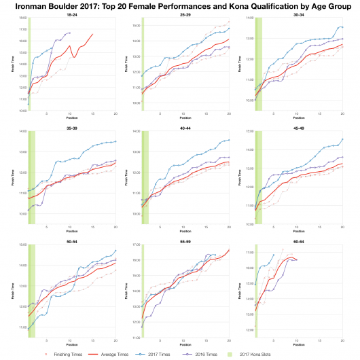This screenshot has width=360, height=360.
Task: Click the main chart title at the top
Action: click(180, 5)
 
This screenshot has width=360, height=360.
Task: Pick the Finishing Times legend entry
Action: click(61, 355)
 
